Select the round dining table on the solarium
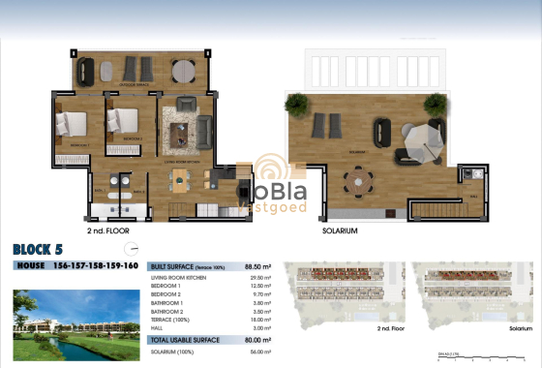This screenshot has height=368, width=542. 361,177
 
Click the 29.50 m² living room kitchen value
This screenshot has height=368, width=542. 259,277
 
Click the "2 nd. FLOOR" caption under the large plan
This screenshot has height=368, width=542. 108,232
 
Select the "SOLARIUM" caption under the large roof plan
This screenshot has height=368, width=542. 341,232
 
